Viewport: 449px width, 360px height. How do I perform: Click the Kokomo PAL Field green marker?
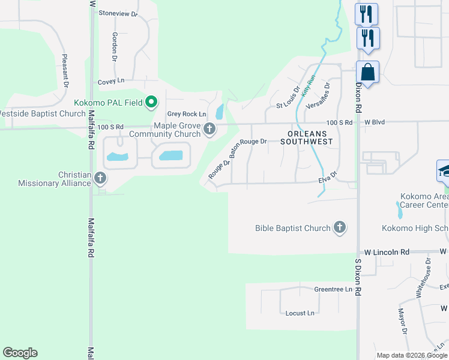pyautogui.click(x=152, y=103)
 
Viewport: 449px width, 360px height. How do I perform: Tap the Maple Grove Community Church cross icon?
pyautogui.click(x=209, y=128)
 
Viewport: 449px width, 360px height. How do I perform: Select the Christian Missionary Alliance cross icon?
pyautogui.click(x=100, y=178)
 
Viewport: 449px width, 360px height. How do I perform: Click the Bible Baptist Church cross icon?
pyautogui.click(x=340, y=227)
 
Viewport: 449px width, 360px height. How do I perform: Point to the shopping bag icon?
pyautogui.click(x=367, y=73)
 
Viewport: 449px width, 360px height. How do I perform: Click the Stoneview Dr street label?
pyautogui.click(x=118, y=13)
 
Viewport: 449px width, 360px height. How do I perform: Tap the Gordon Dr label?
pyautogui.click(x=114, y=47)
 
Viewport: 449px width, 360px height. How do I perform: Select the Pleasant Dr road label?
pyautogui.click(x=64, y=70)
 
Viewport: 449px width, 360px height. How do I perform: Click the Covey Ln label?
pyautogui.click(x=111, y=80)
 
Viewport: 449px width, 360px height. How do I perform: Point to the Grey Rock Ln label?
pyautogui.click(x=186, y=114)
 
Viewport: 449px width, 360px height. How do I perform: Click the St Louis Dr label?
pyautogui.click(x=288, y=98)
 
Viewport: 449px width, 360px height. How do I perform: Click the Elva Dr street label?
pyautogui.click(x=328, y=178)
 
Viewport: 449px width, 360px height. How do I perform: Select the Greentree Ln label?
pyautogui.click(x=333, y=289)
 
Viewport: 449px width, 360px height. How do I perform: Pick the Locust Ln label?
pyautogui.click(x=300, y=313)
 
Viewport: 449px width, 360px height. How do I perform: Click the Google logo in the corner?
pyautogui.click(x=20, y=353)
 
